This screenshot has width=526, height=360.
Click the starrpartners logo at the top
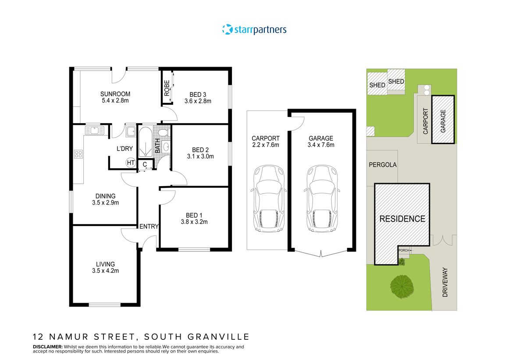(x=254, y=30)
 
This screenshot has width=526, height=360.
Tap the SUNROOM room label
(x=115, y=97)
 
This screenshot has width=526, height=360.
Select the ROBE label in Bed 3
(x=167, y=88)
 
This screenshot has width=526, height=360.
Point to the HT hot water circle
(x=130, y=162)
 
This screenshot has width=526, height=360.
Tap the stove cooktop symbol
(x=79, y=154)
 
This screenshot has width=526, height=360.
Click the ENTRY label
(x=149, y=226)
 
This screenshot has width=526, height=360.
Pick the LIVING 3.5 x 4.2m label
(x=106, y=268)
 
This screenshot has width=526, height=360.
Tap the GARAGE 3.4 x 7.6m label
(x=321, y=141)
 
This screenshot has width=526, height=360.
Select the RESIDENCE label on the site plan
(x=402, y=219)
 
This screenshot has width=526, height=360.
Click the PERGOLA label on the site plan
(x=383, y=165)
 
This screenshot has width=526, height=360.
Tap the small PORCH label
(x=404, y=251)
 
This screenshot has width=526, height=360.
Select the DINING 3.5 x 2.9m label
(x=106, y=199)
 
